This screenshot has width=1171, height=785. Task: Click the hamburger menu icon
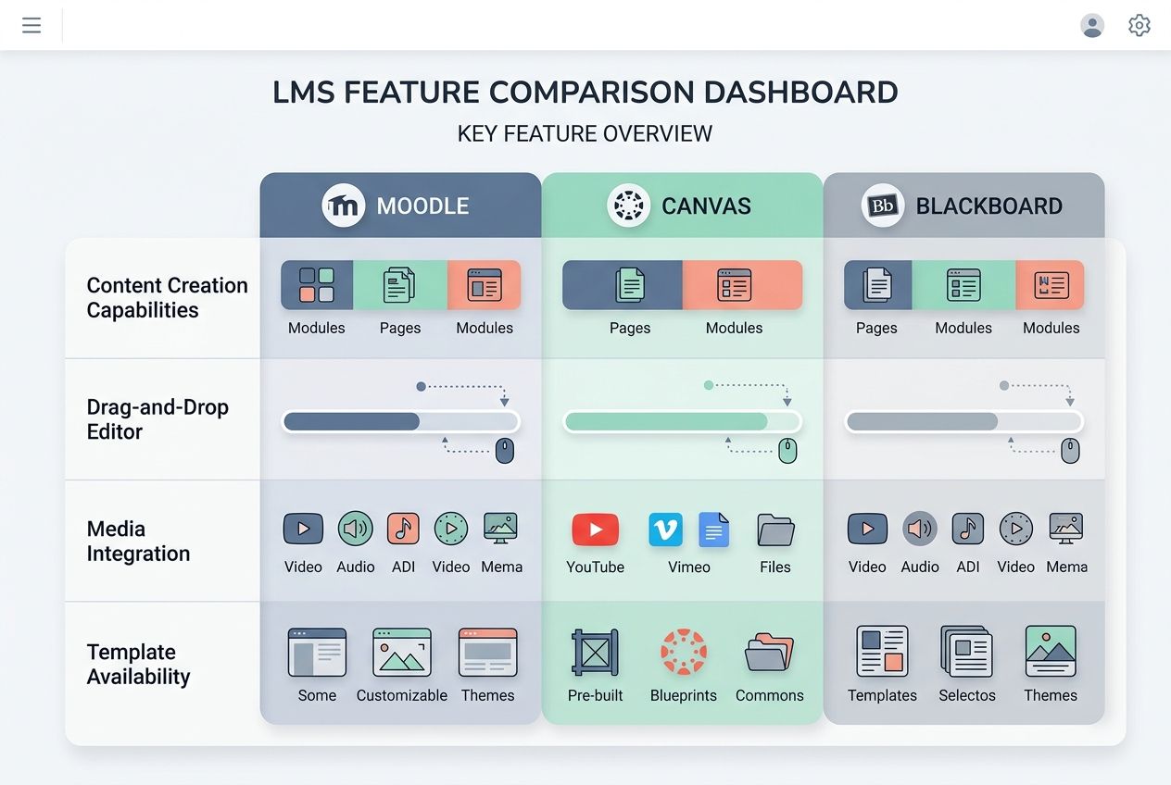pyautogui.click(x=31, y=25)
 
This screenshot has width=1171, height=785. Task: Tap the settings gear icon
pyautogui.click(x=1140, y=25)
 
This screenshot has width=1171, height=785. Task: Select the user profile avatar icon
pyautogui.click(x=1092, y=25)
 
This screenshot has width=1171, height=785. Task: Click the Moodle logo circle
pyautogui.click(x=344, y=206)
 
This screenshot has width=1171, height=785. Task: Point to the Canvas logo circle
pyautogui.click(x=629, y=206)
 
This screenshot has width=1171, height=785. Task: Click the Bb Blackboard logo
pyautogui.click(x=883, y=206)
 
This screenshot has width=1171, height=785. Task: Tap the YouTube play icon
pyautogui.click(x=595, y=530)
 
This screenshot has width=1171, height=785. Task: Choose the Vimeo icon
pyautogui.click(x=665, y=530)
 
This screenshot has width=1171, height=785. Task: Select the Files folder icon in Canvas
pyautogui.click(x=775, y=530)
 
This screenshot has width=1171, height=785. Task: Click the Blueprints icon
pyautogui.click(x=684, y=653)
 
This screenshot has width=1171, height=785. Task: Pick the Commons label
pyautogui.click(x=770, y=695)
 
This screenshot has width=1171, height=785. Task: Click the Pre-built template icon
pyautogui.click(x=595, y=653)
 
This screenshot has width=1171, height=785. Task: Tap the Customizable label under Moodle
pyautogui.click(x=402, y=695)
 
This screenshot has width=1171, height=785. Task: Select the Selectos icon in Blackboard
pyautogui.click(x=966, y=653)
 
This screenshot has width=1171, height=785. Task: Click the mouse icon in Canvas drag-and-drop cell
pyautogui.click(x=787, y=451)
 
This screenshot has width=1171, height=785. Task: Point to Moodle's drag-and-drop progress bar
pyautogui.click(x=400, y=422)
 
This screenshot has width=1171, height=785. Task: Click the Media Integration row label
pyautogui.click(x=138, y=542)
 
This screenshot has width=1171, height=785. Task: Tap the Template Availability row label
pyautogui.click(x=138, y=664)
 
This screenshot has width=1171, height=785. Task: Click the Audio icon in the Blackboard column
pyautogui.click(x=920, y=529)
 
